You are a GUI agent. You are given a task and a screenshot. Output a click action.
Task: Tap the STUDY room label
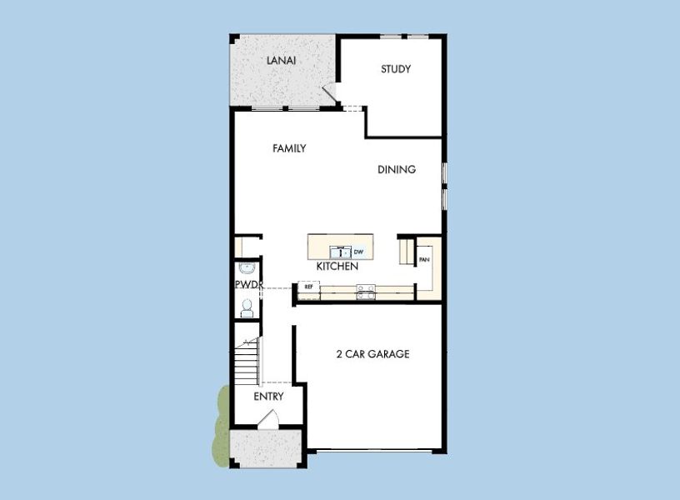coord(396,69)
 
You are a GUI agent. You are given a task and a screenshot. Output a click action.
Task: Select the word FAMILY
coord(289,148)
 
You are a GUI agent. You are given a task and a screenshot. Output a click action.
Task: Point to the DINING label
coord(397,169)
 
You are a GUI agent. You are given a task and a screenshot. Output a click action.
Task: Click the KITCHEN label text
coord(337,267)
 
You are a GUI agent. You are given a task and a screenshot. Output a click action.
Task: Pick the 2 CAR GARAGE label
coord(372,353)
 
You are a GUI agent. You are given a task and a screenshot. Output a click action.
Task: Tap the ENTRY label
coord(268,397)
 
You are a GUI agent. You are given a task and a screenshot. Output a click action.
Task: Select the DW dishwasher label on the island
coord(358,251)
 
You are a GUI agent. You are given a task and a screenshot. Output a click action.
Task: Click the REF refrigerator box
coord(308,287)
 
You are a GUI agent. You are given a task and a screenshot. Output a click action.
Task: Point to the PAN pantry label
coord(424,259)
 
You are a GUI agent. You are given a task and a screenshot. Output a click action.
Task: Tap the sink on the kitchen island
coord(340,250)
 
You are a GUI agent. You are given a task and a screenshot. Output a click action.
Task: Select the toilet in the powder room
coord(246,307)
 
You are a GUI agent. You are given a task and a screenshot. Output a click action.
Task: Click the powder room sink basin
coord(245,269)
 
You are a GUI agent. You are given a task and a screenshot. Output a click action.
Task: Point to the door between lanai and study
coord(331,97)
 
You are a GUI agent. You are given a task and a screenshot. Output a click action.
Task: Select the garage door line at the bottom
coord(375,451)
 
